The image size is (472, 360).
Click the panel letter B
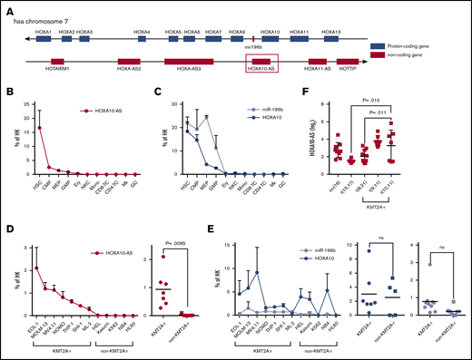click(7, 92)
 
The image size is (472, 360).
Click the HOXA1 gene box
click(43, 38)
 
